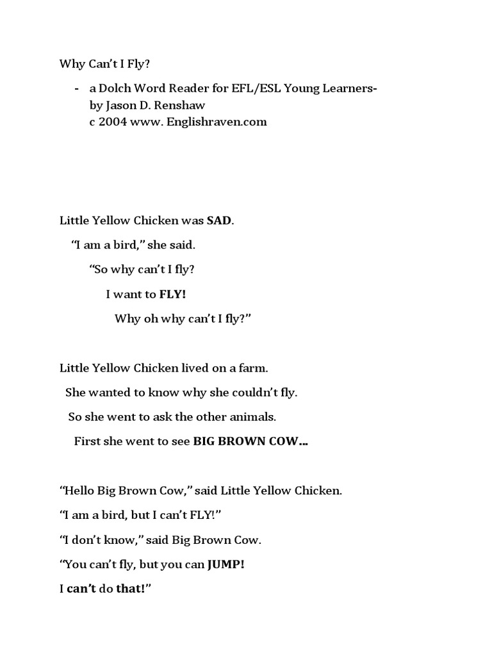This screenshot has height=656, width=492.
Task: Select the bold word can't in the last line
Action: click(82, 589)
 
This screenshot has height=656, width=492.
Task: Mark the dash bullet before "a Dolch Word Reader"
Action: click(78, 88)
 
